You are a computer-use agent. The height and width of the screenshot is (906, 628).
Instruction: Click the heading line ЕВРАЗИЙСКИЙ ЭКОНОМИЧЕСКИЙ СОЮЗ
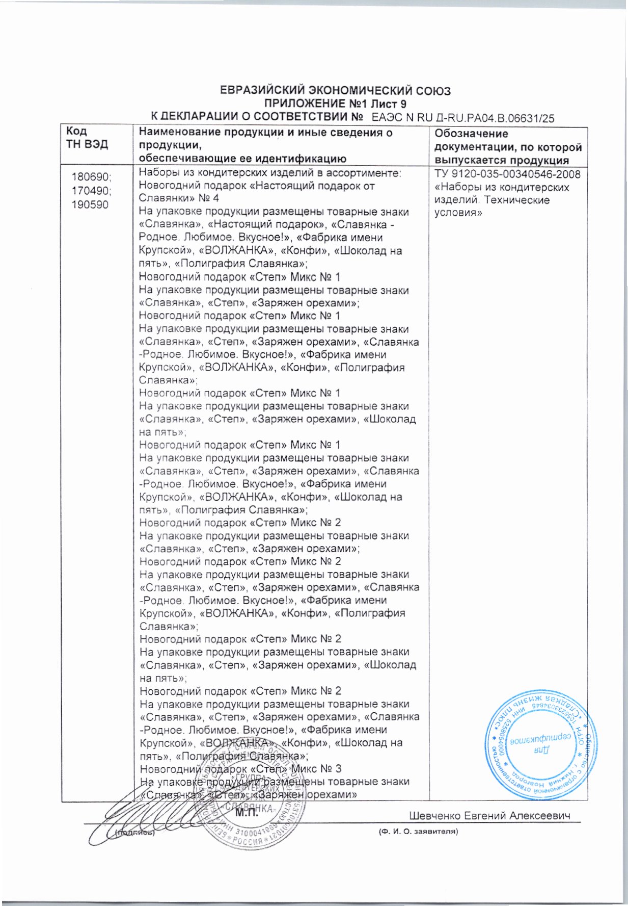click(335, 91)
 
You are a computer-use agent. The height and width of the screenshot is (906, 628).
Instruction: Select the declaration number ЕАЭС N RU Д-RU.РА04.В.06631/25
click(463, 118)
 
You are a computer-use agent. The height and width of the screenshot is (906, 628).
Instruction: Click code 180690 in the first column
click(91, 177)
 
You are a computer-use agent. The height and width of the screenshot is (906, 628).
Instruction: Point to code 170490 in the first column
click(91, 191)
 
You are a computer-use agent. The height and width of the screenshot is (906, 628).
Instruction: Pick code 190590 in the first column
click(90, 205)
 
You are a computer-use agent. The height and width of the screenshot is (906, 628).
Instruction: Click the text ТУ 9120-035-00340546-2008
click(507, 174)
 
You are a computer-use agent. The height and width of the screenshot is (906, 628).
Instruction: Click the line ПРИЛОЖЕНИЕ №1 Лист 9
click(335, 105)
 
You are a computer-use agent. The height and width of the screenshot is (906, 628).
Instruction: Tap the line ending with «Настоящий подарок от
click(257, 186)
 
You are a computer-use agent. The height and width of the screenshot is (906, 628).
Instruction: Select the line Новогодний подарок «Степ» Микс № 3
click(240, 769)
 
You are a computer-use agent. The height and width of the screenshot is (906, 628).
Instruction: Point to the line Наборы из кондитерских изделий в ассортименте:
click(270, 173)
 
